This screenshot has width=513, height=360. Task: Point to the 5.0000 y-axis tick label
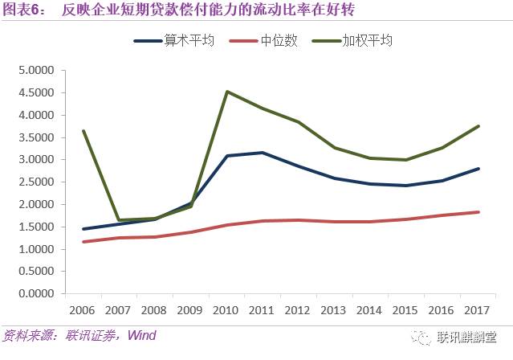[x=35, y=70]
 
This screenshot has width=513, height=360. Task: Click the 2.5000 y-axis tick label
[x=35, y=182]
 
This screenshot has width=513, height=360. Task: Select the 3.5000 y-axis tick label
[x=35, y=137]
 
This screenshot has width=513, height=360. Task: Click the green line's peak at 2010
[x=227, y=92]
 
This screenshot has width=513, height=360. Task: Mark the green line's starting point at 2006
[x=83, y=131]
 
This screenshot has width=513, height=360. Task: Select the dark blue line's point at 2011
[x=263, y=153]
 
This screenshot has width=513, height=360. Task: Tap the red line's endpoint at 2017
[x=479, y=212]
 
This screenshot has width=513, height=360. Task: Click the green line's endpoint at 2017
[x=479, y=126]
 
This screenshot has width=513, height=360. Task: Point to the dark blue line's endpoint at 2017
[x=479, y=169]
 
